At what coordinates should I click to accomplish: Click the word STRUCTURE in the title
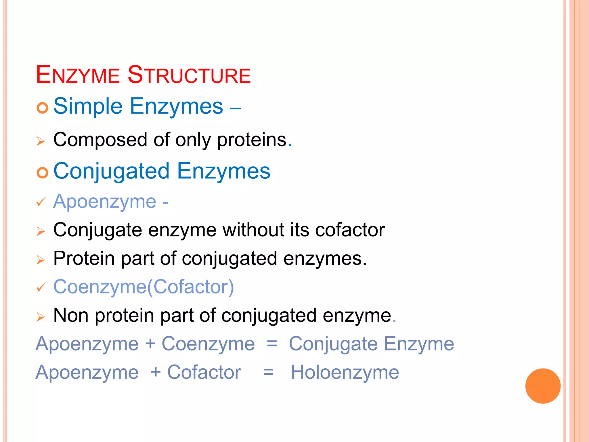[x=189, y=75]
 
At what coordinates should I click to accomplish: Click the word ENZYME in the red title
[x=78, y=75]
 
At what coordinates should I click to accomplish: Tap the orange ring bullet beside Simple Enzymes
[x=42, y=108]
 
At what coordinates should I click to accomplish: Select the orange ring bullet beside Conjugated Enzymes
[x=42, y=173]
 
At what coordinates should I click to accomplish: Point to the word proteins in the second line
[x=252, y=140]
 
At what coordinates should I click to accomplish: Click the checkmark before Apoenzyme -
[x=41, y=202]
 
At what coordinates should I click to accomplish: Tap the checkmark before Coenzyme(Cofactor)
[x=41, y=287]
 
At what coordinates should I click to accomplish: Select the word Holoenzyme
[x=345, y=372]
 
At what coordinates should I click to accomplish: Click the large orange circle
[x=543, y=386]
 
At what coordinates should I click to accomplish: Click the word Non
[x=71, y=315]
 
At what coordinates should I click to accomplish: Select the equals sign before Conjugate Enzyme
[x=272, y=344]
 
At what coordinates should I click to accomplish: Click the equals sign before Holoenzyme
[x=268, y=372]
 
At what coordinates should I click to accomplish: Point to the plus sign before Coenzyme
[x=150, y=344]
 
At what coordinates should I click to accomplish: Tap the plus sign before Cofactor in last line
[x=156, y=372]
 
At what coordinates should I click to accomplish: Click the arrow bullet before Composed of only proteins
[x=41, y=141]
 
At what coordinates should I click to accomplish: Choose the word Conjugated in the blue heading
[x=111, y=171]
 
